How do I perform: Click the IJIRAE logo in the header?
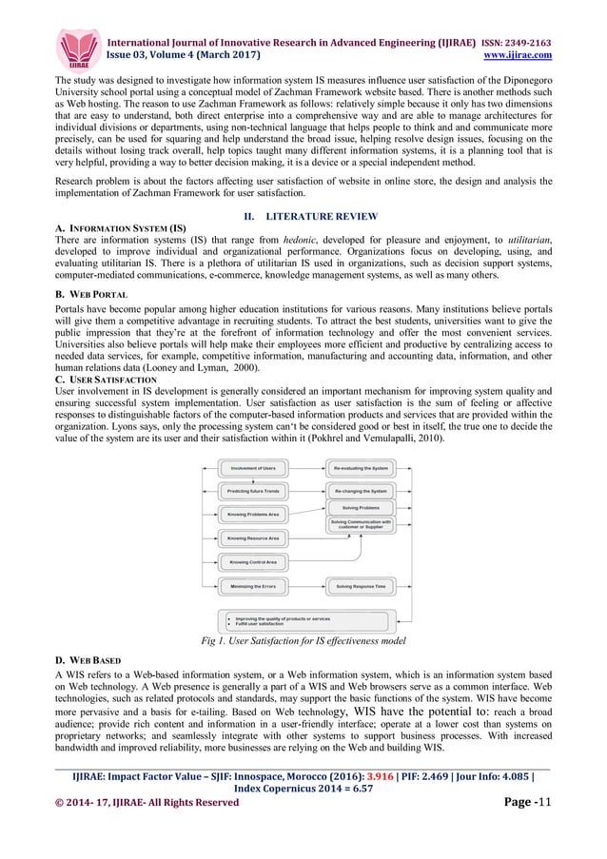coord(80,48)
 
